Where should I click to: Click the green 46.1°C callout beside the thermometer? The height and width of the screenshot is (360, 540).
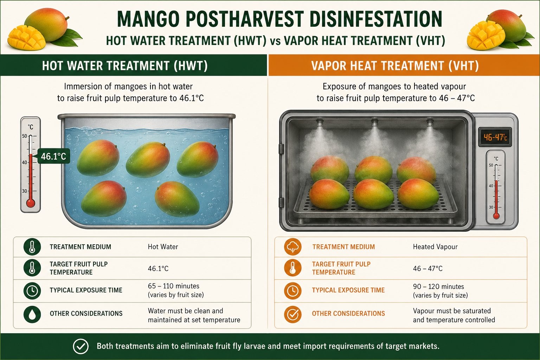point(53,156)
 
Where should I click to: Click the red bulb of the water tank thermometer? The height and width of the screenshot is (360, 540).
point(31,203)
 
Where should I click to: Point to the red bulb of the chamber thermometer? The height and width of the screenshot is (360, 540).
point(496,216)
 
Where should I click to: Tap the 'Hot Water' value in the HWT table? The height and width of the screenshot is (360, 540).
point(163,247)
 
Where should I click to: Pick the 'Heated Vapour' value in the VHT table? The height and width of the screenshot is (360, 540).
point(435,247)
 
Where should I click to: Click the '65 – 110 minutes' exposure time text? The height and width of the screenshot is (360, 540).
point(174,286)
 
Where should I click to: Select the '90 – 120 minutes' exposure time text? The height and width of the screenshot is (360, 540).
point(438,287)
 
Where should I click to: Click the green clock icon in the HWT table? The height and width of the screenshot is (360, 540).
point(32,291)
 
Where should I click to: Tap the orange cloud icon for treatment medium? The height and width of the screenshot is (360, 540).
point(292,247)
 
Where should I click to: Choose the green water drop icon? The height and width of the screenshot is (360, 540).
point(32,314)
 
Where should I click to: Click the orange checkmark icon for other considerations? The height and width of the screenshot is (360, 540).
point(292,314)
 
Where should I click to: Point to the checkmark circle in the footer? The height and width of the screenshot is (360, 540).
point(81,346)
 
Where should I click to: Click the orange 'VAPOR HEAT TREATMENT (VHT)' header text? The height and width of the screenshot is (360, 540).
point(395,66)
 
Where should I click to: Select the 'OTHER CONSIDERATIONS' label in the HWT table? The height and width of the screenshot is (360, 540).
point(86,314)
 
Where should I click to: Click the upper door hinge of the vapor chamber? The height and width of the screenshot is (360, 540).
point(281,149)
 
